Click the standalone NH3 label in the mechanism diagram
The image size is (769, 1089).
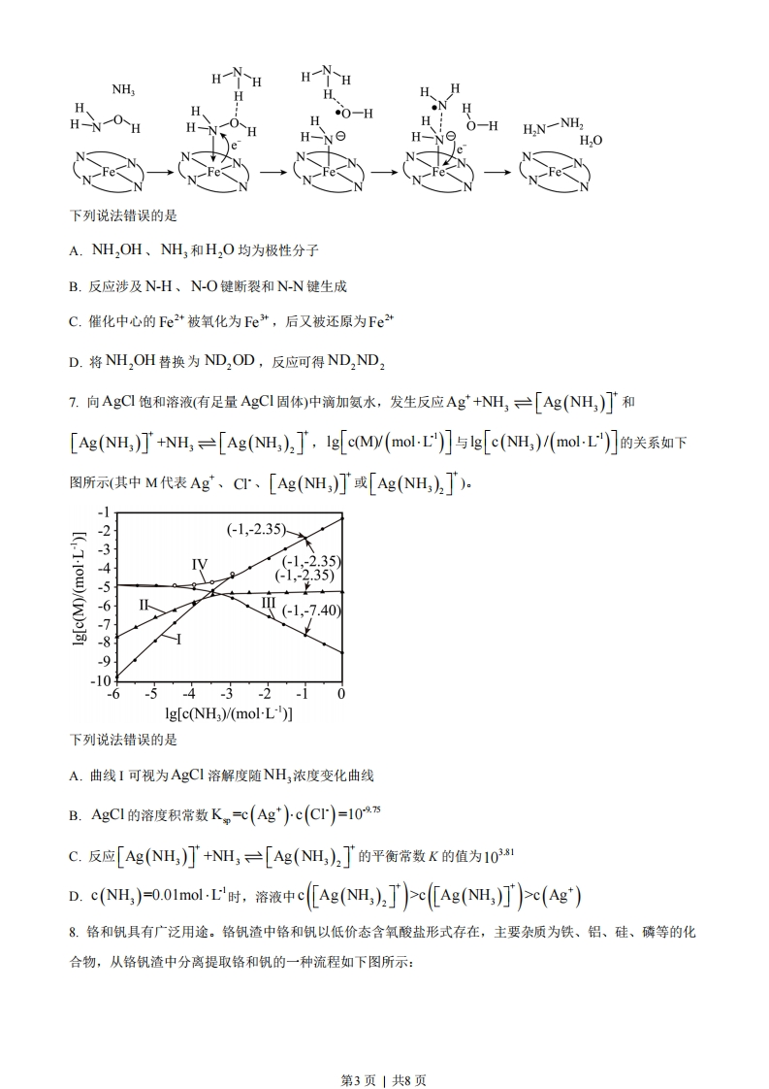[x=123, y=90]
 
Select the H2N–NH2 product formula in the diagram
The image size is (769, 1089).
[x=553, y=127]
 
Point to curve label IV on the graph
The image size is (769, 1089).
[x=200, y=564]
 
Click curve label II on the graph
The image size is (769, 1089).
[x=144, y=605]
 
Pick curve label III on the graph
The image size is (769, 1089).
[x=269, y=603]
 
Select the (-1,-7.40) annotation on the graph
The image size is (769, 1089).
[x=311, y=610]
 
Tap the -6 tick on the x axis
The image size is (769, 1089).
[x=114, y=694]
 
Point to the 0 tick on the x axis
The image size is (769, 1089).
[x=341, y=694]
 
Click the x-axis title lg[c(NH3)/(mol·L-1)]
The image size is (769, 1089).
[x=228, y=713]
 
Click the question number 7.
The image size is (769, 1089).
[x=74, y=402]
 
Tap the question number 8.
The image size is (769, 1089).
[x=74, y=932]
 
